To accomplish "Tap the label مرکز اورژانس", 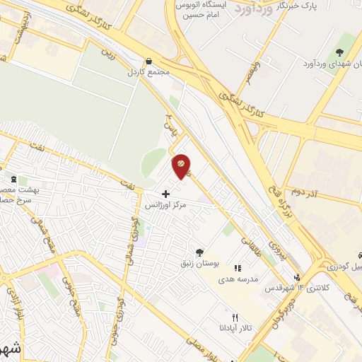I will click(165, 205).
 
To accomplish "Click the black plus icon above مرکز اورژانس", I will click(165, 193).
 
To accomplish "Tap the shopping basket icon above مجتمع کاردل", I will click(148, 62).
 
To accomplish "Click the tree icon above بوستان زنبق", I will click(200, 252).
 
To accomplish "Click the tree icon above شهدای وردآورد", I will click(339, 52).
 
